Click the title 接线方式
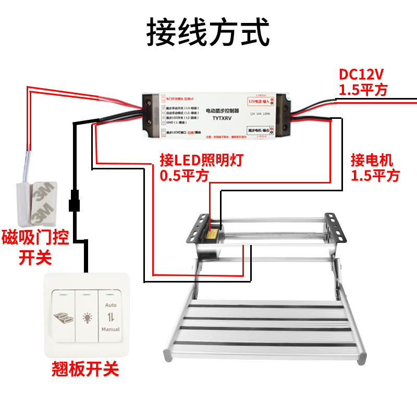[x=208, y=32]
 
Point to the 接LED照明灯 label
[x=202, y=160]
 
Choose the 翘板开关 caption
[x=85, y=370]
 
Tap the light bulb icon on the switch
[x=87, y=316]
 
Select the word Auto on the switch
[x=110, y=304]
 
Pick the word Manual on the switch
[x=110, y=329]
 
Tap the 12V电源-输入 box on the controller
[x=259, y=101]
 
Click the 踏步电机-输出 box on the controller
[x=259, y=128]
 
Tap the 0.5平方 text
[x=184, y=176]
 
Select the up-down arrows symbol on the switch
[x=110, y=316]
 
